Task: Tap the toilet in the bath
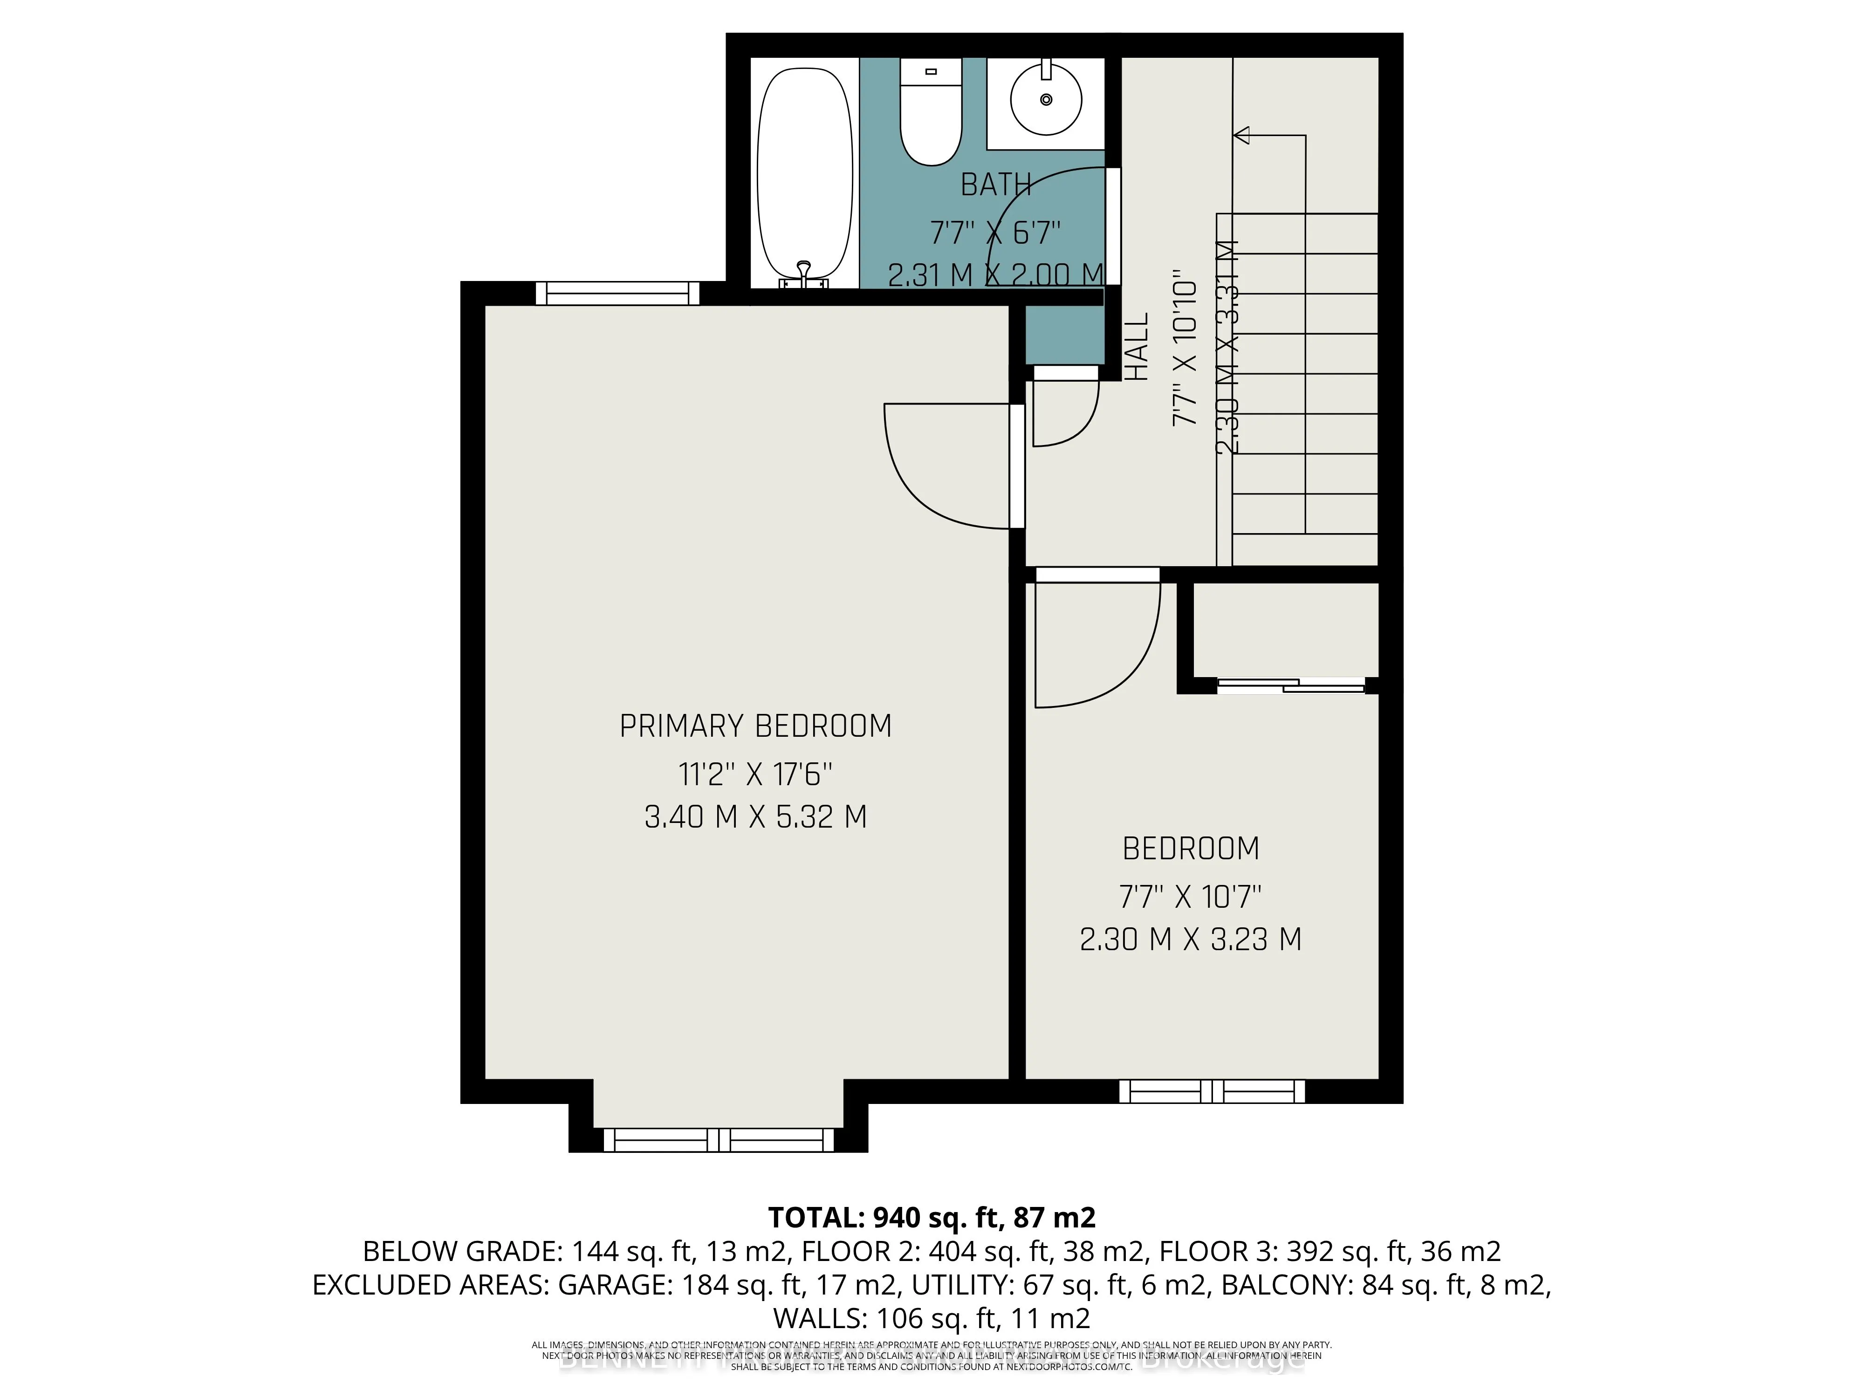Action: click(930, 114)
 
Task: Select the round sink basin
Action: click(1046, 99)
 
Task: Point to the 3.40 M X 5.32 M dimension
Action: click(755, 816)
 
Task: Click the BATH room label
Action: click(995, 185)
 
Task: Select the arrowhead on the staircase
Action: click(1242, 135)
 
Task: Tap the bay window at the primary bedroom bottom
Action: click(718, 1141)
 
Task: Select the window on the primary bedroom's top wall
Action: click(617, 293)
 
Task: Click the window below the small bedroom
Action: click(1212, 1091)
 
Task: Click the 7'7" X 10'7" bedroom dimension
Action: click(1190, 897)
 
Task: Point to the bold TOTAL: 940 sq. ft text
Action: click(931, 1217)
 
